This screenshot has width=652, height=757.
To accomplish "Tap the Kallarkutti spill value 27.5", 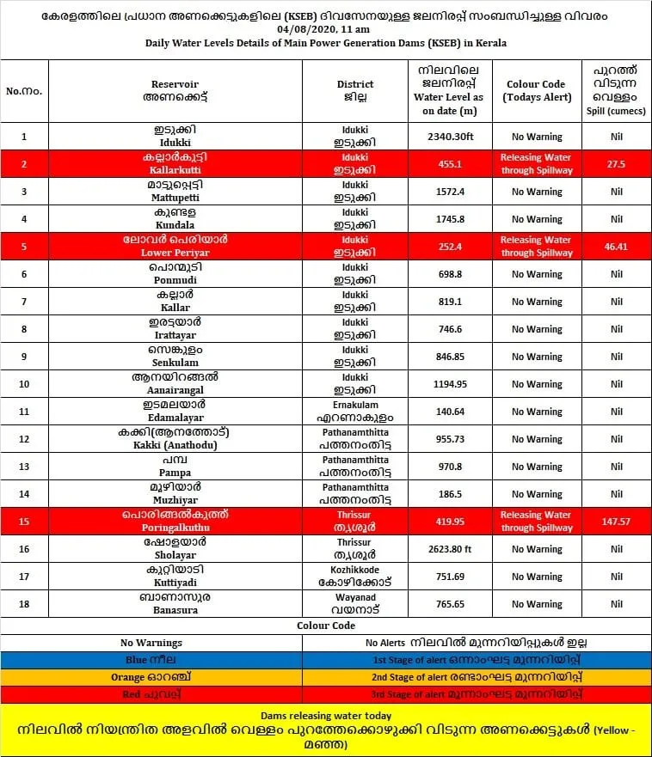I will pos(616,164).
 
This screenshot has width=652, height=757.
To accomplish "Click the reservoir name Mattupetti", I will pos(175,197).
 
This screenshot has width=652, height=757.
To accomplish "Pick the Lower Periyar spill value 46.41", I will pos(616,247).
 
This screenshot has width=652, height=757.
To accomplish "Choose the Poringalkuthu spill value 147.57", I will pos(616,522).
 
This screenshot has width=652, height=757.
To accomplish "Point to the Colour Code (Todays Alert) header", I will pos(536,90).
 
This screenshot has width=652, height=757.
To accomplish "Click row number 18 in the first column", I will pos(24,604).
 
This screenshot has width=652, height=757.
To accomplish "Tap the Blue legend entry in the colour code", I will pos(151,659).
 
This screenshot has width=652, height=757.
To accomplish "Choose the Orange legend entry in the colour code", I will pos(151,676).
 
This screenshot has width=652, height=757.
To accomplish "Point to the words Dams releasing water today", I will pos(326,715).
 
